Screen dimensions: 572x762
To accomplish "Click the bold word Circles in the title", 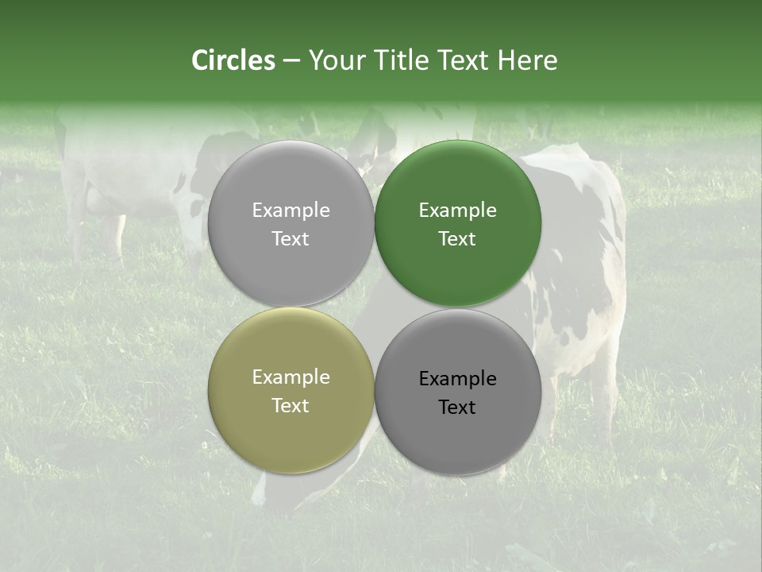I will click(x=233, y=60).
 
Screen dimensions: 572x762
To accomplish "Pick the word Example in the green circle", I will click(x=457, y=211).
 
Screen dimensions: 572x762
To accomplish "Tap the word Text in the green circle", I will click(x=457, y=239).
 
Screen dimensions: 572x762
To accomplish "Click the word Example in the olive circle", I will click(x=291, y=377).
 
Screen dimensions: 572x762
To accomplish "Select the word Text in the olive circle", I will click(x=291, y=406).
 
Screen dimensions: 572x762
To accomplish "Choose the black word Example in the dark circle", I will click(x=457, y=379).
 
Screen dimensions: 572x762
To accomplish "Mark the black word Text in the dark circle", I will click(x=457, y=408).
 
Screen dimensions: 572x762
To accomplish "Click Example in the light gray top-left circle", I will click(x=291, y=211).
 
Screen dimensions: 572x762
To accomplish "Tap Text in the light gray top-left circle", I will click(x=291, y=239).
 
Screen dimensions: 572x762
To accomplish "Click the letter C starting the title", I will click(x=200, y=60).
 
